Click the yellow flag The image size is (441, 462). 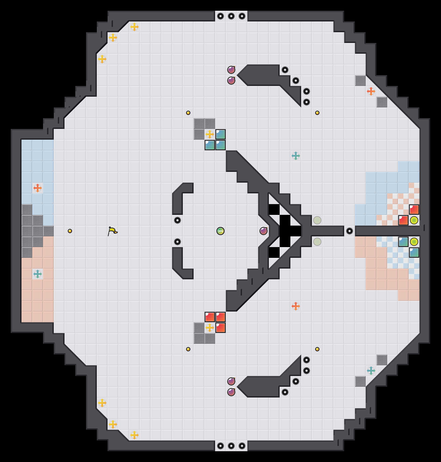(113, 231)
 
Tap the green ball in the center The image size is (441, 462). (220, 231)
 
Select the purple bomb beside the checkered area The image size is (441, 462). (264, 231)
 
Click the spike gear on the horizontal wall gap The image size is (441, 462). (350, 231)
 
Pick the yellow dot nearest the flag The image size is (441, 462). (70, 231)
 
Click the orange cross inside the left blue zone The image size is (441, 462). (38, 188)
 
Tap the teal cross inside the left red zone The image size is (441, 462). (38, 274)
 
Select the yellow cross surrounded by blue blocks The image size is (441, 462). (210, 134)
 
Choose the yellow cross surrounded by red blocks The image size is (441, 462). (210, 328)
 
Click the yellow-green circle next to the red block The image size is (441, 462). (414, 220)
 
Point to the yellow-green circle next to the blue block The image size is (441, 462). (414, 242)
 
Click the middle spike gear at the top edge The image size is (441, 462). (231, 16)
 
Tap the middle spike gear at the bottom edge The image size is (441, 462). (231, 446)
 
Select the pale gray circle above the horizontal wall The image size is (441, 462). (317, 220)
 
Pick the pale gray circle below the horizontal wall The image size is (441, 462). (317, 242)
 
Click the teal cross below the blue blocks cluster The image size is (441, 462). (296, 156)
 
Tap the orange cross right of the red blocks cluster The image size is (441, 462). (296, 306)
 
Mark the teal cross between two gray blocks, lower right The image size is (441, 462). (371, 371)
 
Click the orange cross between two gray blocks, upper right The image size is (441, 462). (371, 91)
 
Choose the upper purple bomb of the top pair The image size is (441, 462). (231, 70)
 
